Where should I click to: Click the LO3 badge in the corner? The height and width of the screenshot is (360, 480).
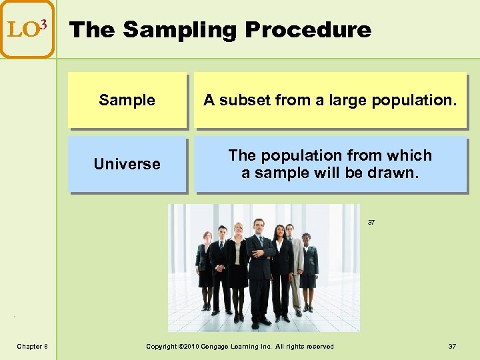coord(27,29)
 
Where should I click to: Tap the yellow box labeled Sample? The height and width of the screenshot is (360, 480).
coord(127,100)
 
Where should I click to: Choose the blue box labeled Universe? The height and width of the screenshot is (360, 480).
coord(127,164)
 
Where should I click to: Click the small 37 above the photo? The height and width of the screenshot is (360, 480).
coord(371,223)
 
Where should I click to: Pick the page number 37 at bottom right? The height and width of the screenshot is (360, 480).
coord(452,346)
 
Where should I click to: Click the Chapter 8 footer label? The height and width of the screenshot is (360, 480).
coord(32,346)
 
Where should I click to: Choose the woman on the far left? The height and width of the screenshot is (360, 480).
coord(205,267)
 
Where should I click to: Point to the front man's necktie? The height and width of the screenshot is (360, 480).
coord(261,244)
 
